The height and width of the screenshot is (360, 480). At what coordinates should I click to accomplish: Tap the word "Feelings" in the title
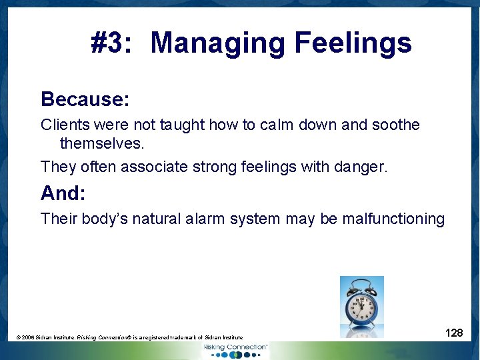tap(353, 43)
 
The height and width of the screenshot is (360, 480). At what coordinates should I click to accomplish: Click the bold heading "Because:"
tap(85, 99)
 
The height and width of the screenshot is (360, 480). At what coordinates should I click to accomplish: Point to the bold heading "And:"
tap(62, 193)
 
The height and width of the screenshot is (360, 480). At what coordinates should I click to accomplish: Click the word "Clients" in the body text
tap(65, 125)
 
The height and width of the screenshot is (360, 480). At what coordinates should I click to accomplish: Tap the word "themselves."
tap(102, 143)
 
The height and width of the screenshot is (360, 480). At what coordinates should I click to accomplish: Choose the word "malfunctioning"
tap(393, 219)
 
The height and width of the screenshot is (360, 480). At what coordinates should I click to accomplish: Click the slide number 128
tap(454, 333)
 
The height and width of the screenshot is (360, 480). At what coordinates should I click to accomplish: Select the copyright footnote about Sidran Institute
tap(129, 338)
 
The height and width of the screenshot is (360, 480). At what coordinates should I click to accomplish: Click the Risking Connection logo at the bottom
tap(235, 349)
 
